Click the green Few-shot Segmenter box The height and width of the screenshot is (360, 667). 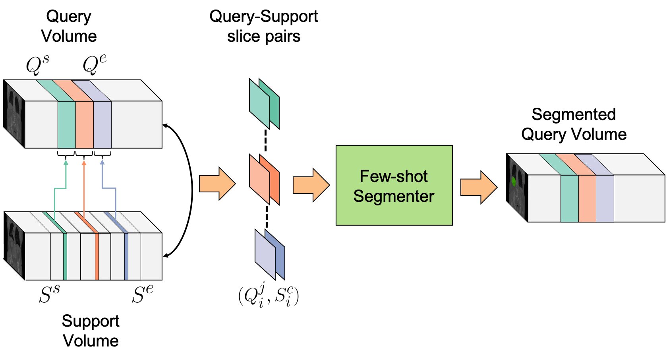click(x=394, y=185)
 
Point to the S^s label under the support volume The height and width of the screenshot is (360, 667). click(x=49, y=294)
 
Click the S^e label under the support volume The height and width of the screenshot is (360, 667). click(x=142, y=294)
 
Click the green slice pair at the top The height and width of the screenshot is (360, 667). click(x=264, y=104)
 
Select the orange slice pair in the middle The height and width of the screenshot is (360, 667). click(x=264, y=179)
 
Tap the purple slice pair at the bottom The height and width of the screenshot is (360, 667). click(x=269, y=255)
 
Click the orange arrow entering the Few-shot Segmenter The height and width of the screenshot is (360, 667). click(x=311, y=185)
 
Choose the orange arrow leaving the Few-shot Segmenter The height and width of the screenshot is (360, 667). click(x=478, y=187)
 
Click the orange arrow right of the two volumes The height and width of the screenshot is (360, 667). click(x=217, y=184)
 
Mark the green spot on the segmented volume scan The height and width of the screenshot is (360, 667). click(x=514, y=182)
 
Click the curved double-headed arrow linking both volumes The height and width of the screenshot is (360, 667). click(x=191, y=191)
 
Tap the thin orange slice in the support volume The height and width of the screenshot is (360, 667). click(x=97, y=256)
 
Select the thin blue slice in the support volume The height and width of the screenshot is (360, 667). click(x=126, y=256)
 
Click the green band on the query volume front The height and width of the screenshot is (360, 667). click(x=66, y=124)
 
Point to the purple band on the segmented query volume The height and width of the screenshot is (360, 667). click(x=605, y=198)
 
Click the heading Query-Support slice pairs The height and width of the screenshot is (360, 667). click(x=263, y=26)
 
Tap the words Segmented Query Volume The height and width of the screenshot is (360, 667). click(x=573, y=124)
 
